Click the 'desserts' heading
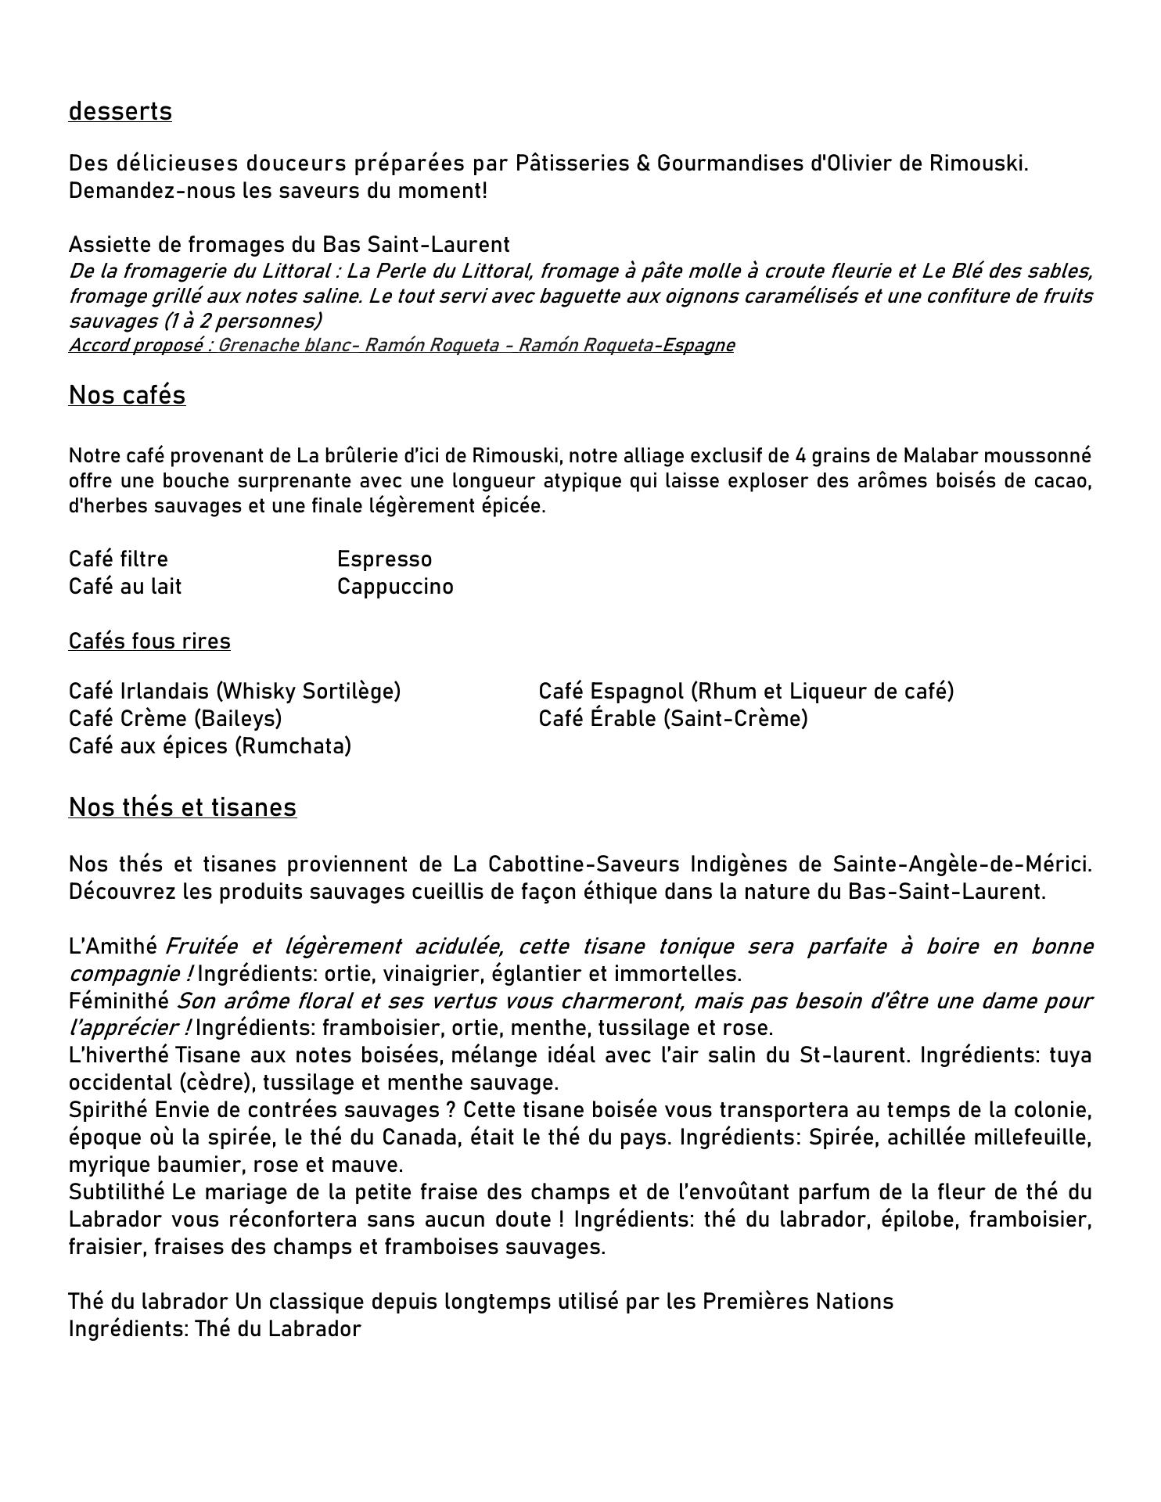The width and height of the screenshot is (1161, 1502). [120, 112]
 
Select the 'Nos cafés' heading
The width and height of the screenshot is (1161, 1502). [127, 396]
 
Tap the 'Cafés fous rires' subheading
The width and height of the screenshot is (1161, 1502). [149, 641]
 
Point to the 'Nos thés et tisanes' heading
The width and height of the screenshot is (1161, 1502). [182, 807]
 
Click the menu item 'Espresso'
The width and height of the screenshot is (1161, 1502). [384, 559]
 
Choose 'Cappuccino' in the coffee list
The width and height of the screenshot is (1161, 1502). [395, 587]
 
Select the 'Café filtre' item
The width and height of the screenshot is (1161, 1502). [118, 559]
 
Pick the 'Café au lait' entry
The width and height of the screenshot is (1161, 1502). [125, 587]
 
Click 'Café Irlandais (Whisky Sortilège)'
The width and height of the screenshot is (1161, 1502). [235, 692]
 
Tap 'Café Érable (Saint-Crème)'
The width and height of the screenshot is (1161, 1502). [673, 719]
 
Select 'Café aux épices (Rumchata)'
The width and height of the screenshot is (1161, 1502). [210, 746]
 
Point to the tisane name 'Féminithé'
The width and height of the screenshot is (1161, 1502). [119, 1001]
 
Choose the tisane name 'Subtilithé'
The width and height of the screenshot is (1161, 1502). [117, 1192]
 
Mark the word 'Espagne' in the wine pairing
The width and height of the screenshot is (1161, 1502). [698, 346]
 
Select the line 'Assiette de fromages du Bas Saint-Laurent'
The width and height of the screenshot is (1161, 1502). [289, 245]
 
